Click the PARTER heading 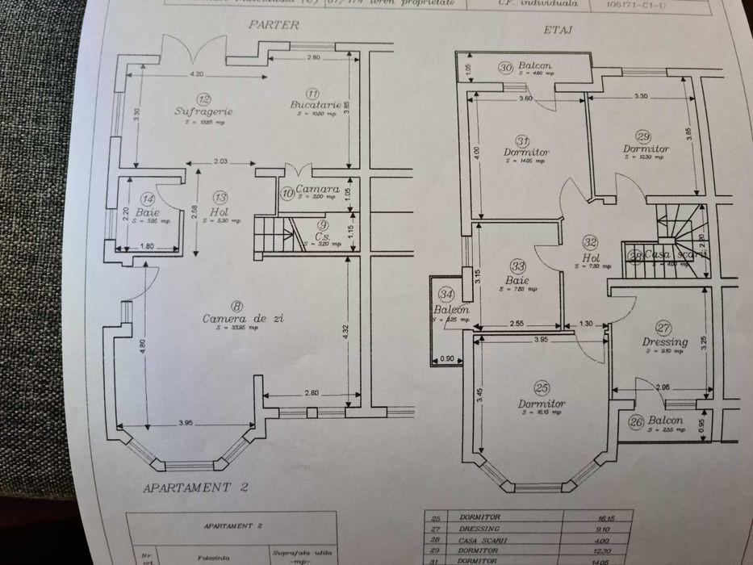point(274,25)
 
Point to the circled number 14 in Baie point(146,199)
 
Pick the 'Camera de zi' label point(242,318)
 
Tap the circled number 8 point(236,305)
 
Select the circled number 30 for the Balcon point(505,69)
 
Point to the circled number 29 point(643,136)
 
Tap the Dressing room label point(665,341)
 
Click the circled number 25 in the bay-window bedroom point(542,388)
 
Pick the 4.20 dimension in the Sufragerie point(196,74)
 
